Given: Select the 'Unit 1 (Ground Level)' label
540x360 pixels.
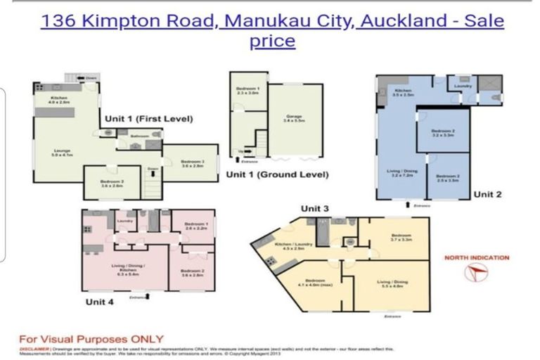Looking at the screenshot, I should pyautogui.click(x=278, y=174).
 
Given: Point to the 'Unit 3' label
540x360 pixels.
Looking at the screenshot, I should pyautogui.click(x=315, y=208).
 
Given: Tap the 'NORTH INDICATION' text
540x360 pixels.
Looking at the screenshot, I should pyautogui.click(x=477, y=258).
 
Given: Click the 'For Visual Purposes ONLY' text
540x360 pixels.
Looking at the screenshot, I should pyautogui.click(x=91, y=338).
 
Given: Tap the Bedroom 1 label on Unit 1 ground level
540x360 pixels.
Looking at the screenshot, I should pyautogui.click(x=247, y=89).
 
